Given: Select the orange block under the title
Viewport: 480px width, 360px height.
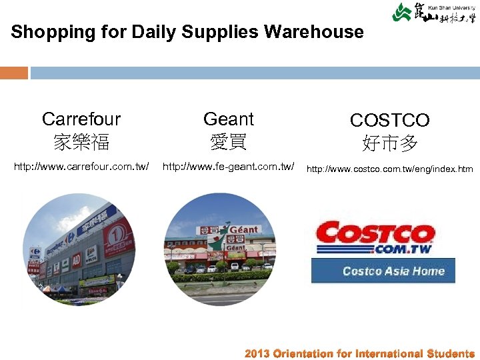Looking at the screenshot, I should click(x=14, y=73).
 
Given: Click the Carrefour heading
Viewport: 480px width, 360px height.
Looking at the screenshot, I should click(x=81, y=119).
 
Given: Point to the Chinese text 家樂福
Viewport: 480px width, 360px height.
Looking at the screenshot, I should click(x=81, y=142).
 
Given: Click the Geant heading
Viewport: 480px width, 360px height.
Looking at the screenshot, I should click(x=229, y=119).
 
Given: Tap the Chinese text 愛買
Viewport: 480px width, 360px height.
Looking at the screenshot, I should click(x=229, y=142).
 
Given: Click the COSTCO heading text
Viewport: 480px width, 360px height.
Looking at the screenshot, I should click(x=390, y=121).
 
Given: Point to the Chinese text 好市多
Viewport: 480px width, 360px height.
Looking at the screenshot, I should click(x=390, y=143).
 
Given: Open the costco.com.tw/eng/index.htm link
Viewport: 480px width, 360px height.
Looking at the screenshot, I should click(x=390, y=169).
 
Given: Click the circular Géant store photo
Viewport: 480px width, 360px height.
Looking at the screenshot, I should click(x=220, y=249).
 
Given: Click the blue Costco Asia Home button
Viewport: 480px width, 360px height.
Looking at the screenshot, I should click(x=383, y=271).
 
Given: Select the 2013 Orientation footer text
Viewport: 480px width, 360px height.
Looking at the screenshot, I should click(x=359, y=353).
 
